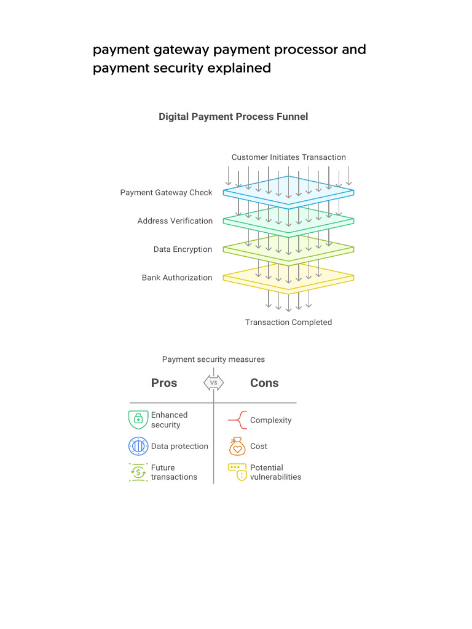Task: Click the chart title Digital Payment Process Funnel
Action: tap(233, 116)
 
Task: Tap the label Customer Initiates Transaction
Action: tap(288, 157)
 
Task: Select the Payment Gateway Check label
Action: tap(166, 192)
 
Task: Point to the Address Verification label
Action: tap(175, 221)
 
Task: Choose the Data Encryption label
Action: tap(183, 249)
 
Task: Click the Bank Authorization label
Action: tap(177, 278)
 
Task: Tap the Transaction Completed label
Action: tap(288, 322)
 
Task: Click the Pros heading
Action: tap(164, 383)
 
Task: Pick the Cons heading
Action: tap(264, 383)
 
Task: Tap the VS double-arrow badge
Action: tap(214, 383)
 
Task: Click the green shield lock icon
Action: tap(138, 420)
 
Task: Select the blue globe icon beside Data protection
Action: tap(138, 446)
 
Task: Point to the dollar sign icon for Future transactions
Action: tap(138, 472)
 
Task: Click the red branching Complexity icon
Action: tap(237, 421)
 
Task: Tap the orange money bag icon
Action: tap(237, 446)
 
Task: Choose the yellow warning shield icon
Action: tap(237, 472)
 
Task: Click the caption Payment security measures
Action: tap(213, 359)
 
